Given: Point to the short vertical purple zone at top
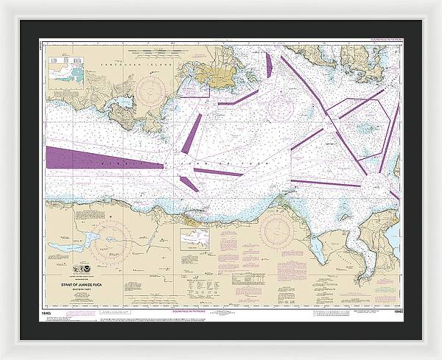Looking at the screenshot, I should (x=269, y=66).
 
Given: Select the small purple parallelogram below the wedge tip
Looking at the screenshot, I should (x=189, y=183).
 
